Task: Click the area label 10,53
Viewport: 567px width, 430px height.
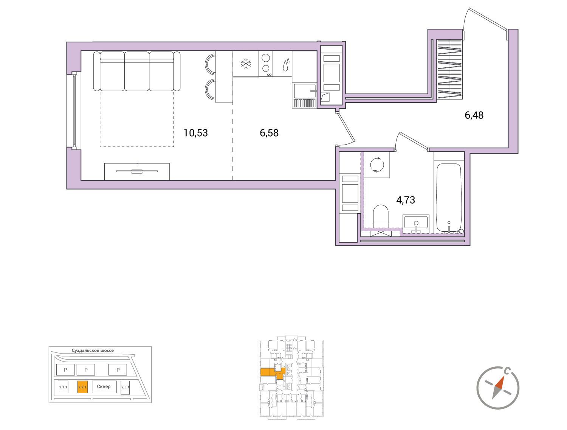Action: point(195,133)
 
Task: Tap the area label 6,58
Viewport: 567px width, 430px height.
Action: point(269,133)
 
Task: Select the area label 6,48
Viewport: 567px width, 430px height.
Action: point(474,115)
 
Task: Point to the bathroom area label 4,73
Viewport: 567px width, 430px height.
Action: point(406,200)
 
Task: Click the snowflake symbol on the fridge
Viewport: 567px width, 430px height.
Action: point(246,64)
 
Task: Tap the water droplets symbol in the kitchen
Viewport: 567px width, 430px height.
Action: point(286,64)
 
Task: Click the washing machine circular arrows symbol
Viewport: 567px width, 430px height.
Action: point(377,165)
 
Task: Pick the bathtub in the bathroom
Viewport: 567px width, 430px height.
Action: point(449,198)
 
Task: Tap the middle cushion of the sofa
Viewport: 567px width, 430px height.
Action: point(137,72)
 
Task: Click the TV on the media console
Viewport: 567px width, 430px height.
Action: point(137,171)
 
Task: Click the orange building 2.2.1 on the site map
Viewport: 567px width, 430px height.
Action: point(82,387)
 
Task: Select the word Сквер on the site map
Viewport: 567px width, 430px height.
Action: point(104,386)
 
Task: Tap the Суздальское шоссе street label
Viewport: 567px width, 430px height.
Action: point(93,351)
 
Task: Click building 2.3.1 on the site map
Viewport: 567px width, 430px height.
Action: point(125,387)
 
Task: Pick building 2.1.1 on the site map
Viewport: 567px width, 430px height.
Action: point(63,387)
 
